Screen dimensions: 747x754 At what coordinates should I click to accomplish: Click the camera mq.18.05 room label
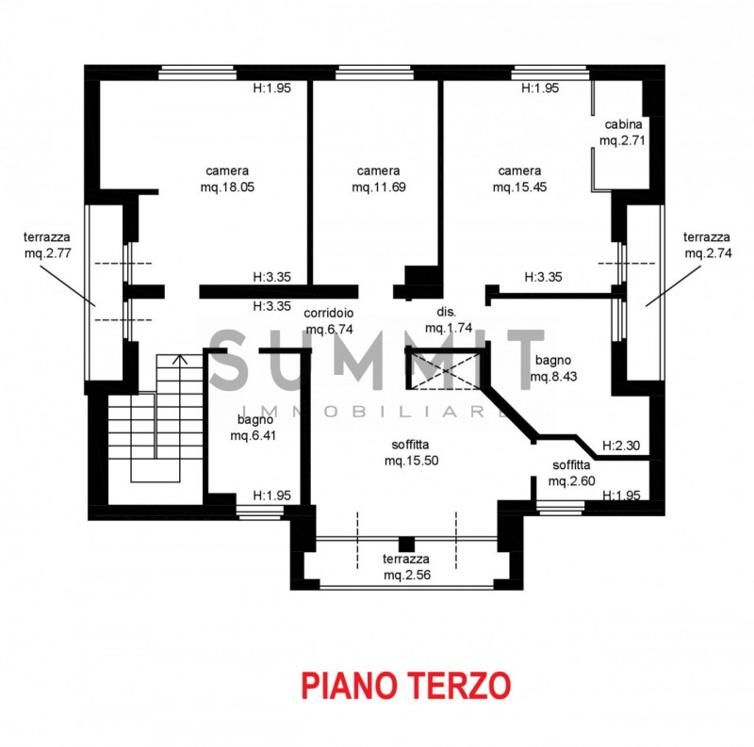click(x=227, y=179)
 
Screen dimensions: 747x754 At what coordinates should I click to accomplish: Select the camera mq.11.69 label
click(x=378, y=179)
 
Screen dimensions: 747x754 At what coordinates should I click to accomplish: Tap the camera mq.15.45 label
click(x=519, y=179)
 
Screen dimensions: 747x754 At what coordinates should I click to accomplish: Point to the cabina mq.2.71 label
click(x=622, y=133)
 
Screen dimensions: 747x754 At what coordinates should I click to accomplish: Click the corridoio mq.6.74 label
click(x=330, y=321)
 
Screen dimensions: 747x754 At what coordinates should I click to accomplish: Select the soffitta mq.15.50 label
click(x=412, y=453)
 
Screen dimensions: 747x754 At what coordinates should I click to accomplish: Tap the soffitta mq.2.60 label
click(x=572, y=473)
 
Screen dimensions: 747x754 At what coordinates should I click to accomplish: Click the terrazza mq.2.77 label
click(x=48, y=246)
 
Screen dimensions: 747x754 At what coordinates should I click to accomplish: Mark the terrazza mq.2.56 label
click(x=407, y=567)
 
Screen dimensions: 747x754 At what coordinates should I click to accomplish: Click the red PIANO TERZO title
click(x=405, y=685)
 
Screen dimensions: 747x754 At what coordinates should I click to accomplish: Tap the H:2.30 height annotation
click(x=623, y=446)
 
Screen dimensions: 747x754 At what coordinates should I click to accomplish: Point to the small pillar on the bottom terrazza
click(x=406, y=544)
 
